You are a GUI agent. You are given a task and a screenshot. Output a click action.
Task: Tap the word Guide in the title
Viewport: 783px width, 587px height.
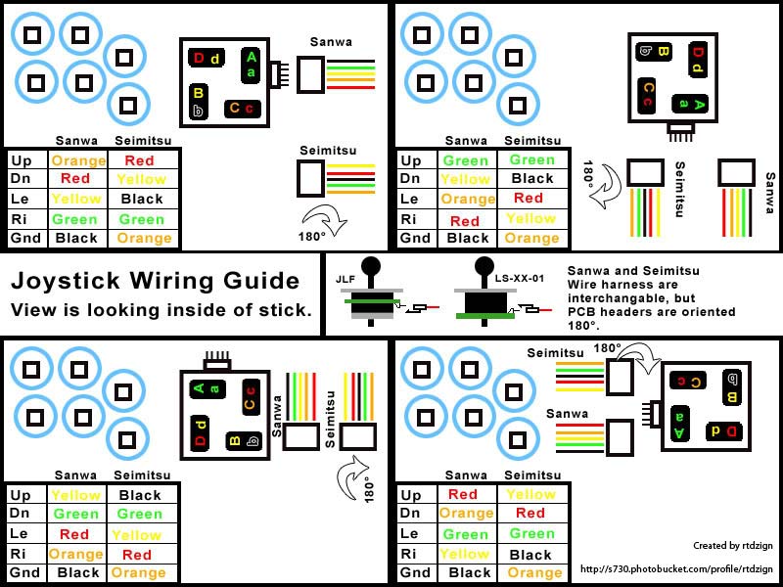pos(264,282)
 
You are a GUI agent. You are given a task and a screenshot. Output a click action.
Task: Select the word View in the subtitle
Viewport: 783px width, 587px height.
pos(32,310)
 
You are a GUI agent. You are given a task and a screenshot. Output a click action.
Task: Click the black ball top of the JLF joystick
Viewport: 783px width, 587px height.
pos(371,265)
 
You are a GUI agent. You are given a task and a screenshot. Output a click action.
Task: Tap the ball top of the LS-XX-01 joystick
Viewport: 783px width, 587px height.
pos(484,265)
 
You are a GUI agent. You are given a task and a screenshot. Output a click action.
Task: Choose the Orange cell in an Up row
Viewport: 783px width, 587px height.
pos(78,160)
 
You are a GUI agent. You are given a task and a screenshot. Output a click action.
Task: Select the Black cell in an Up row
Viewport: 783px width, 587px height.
pos(140,496)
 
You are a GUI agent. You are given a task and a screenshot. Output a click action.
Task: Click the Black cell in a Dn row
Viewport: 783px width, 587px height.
pos(531,179)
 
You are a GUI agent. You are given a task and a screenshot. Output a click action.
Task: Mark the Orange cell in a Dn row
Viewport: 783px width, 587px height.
pos(466,514)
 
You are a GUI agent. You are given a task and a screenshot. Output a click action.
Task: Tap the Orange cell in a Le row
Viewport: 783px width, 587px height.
pos(467,199)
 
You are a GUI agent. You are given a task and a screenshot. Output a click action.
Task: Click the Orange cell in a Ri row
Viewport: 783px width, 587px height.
pos(76,554)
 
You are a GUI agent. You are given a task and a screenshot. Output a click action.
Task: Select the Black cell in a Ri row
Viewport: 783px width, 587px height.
pos(531,554)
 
